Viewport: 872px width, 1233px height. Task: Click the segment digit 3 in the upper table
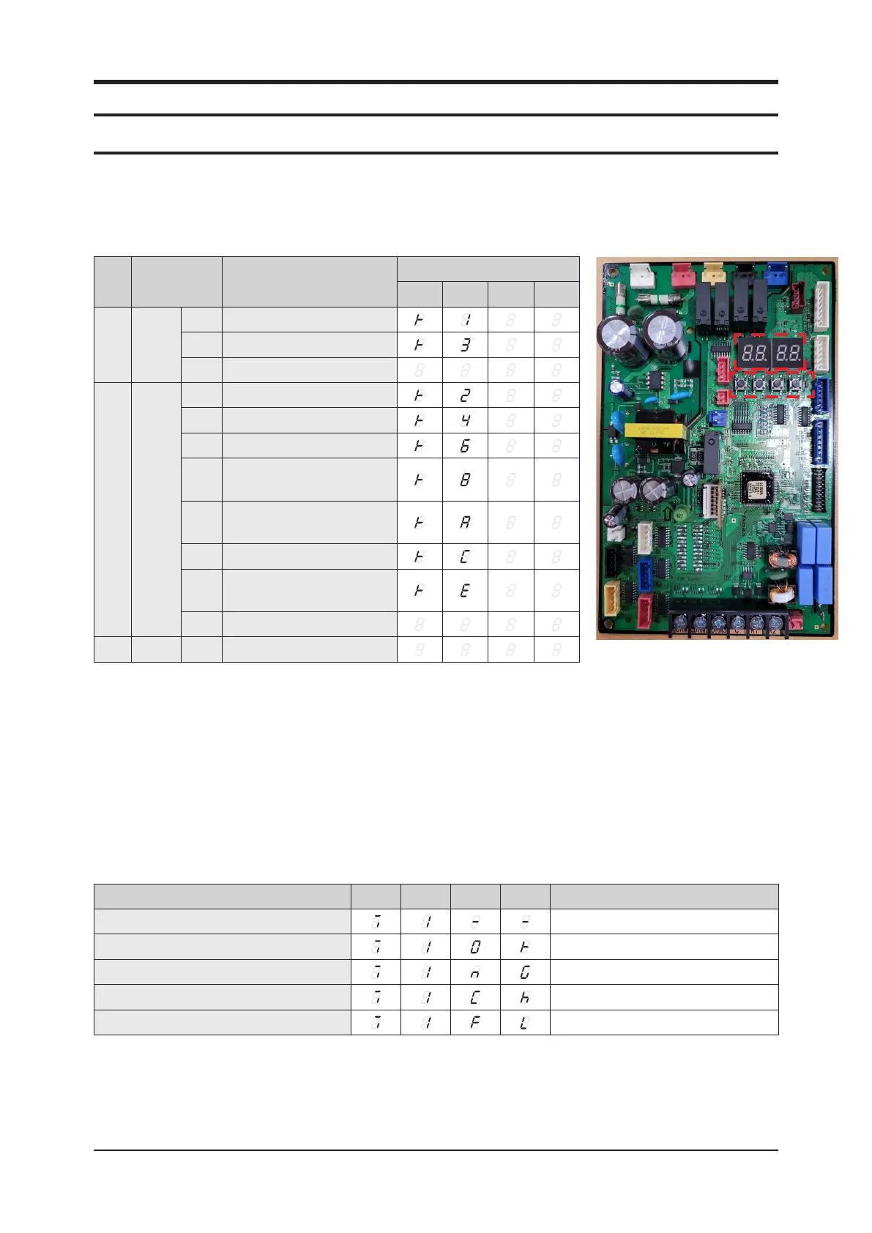pos(465,345)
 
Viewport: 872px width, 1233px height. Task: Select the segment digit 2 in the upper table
pos(465,395)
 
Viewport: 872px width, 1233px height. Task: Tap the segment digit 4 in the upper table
pos(465,421)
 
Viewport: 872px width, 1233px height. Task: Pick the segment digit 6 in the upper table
pos(465,446)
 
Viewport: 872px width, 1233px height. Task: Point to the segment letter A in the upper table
pos(465,523)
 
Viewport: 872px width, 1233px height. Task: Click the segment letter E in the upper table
pos(465,590)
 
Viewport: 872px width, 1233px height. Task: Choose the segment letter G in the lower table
pos(524,972)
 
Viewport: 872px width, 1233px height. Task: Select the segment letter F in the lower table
pos(474,1023)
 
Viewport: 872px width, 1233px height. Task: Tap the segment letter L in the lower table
pos(524,1023)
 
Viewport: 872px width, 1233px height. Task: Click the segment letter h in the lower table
pos(524,997)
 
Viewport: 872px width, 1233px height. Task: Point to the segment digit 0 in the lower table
pos(474,947)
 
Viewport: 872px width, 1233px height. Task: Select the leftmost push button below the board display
pos(742,383)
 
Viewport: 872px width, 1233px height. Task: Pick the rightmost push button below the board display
pos(795,383)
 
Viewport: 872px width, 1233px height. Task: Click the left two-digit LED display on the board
pos(753,353)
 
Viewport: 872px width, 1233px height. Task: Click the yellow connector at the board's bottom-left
pos(612,597)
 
